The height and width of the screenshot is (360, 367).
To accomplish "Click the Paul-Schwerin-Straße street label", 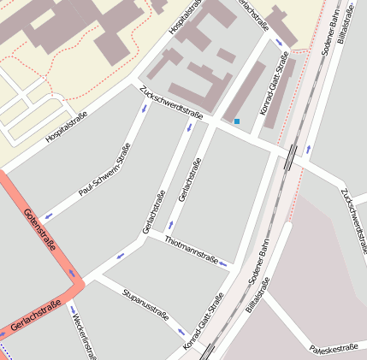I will coord(104,170).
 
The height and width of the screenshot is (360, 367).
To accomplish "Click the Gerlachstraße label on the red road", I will coord(36,316).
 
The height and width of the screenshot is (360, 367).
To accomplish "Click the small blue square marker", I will coord(237,121).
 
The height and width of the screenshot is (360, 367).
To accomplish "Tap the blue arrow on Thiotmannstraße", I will coord(224,263).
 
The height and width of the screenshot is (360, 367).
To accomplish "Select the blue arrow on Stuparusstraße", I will coord(181,332).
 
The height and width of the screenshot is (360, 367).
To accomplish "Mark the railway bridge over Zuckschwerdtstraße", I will coord(292,157).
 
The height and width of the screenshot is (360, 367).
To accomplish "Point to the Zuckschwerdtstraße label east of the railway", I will coord(353,215).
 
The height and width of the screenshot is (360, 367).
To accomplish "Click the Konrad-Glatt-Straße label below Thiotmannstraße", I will coord(203,322).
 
